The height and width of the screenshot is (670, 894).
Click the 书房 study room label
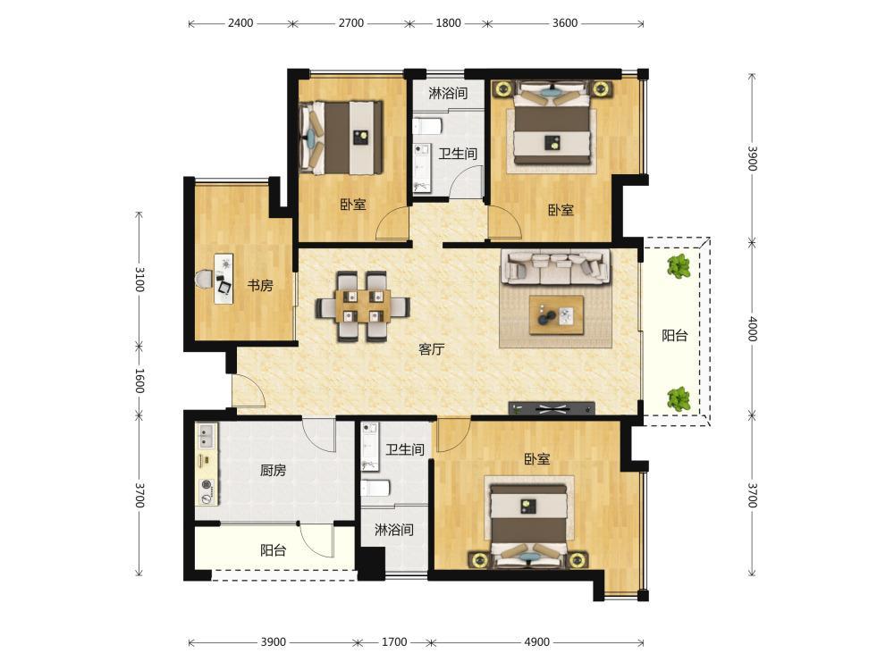pyautogui.click(x=260, y=286)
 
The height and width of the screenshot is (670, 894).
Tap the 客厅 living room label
pyautogui.click(x=431, y=348)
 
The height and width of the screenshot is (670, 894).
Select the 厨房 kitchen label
pyautogui.click(x=273, y=470)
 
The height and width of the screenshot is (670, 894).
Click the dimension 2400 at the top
pyautogui.click(x=240, y=23)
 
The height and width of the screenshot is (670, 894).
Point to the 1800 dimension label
pyautogui.click(x=448, y=23)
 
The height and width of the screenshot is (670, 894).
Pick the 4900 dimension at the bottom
pyautogui.click(x=536, y=642)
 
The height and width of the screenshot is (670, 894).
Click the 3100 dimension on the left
pyautogui.click(x=139, y=279)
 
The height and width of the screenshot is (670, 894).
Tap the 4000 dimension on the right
pyautogui.click(x=752, y=329)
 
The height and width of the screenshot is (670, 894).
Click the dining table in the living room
pyautogui.click(x=363, y=306)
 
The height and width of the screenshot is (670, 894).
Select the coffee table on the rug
pyautogui.click(x=556, y=314)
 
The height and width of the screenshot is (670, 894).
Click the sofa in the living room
pyautogui.click(x=555, y=266)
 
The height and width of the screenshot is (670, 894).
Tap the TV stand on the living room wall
pyautogui.click(x=552, y=408)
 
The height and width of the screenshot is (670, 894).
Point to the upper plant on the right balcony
pyautogui.click(x=679, y=266)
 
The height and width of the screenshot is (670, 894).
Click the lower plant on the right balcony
pyautogui.click(x=679, y=398)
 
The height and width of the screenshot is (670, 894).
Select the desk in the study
pyautogui.click(x=224, y=279)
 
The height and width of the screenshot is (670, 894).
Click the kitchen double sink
pyautogui.click(x=206, y=436)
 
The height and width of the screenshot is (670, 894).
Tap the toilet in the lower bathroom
pyautogui.click(x=375, y=489)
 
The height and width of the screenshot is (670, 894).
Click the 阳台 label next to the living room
pyautogui.click(x=674, y=336)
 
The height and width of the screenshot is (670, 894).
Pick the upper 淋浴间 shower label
pyautogui.click(x=448, y=93)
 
